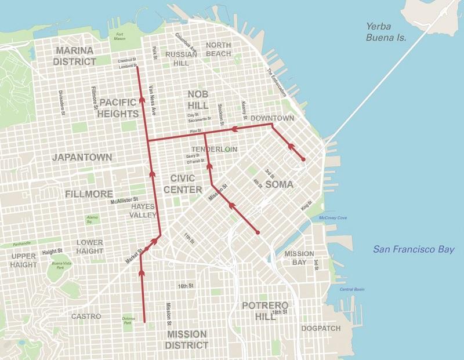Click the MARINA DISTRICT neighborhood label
click(x=74, y=56)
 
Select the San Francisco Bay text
click(x=414, y=250)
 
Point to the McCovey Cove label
click(x=332, y=217)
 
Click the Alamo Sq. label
click(x=90, y=219)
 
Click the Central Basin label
click(x=351, y=289)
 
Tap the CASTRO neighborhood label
click(x=86, y=317)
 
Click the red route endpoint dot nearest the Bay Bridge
click(x=303, y=159)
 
